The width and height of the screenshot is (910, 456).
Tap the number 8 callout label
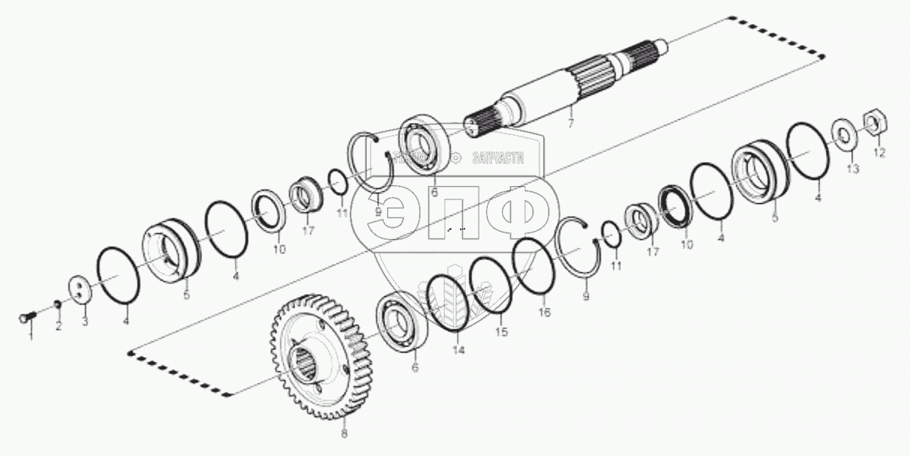click(x=344, y=433)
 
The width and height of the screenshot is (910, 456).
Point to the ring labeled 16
click(x=533, y=267)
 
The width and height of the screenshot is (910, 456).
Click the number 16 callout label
click(x=545, y=312)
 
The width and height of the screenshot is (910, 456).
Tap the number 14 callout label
click(x=458, y=349)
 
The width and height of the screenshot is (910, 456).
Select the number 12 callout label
click(x=879, y=153)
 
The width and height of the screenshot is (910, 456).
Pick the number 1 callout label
click(x=31, y=337)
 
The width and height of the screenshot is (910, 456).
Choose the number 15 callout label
click(x=500, y=331)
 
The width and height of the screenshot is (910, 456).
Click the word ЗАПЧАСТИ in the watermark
click(x=497, y=158)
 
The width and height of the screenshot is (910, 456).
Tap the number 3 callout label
click(x=85, y=322)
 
